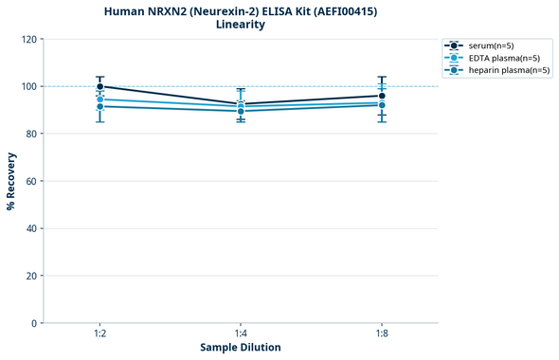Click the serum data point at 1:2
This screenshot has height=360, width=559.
(x=100, y=86)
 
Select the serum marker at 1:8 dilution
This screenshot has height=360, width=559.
(x=382, y=96)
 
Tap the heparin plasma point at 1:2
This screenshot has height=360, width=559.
(x=100, y=106)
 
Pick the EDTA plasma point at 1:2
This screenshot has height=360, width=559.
(x=100, y=99)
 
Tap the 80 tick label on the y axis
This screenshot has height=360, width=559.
(x=31, y=134)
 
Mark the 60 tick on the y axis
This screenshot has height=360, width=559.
(x=31, y=181)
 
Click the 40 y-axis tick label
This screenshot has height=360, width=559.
(x=31, y=228)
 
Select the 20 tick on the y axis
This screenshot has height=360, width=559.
(x=31, y=276)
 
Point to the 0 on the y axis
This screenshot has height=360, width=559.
(x=34, y=323)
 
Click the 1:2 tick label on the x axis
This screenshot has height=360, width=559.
(x=100, y=334)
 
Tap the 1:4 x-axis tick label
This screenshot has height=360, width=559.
(x=241, y=334)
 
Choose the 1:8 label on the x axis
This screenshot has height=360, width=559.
(x=382, y=334)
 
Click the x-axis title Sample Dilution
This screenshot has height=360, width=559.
(x=241, y=348)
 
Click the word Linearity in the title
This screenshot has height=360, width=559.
(x=241, y=25)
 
